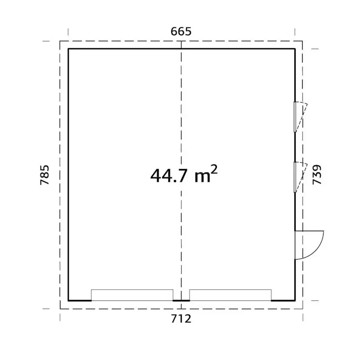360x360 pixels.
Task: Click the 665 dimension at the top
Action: pyautogui.click(x=181, y=31)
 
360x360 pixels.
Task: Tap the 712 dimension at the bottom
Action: pyautogui.click(x=181, y=319)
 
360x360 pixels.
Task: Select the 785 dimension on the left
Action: pyautogui.click(x=44, y=175)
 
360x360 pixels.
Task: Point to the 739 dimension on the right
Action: pyautogui.click(x=317, y=175)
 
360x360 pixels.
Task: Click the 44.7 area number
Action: pyautogui.click(x=169, y=176)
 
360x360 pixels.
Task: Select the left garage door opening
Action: pyautogui.click(x=132, y=295)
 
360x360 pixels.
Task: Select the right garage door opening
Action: pyautogui.click(x=230, y=295)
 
